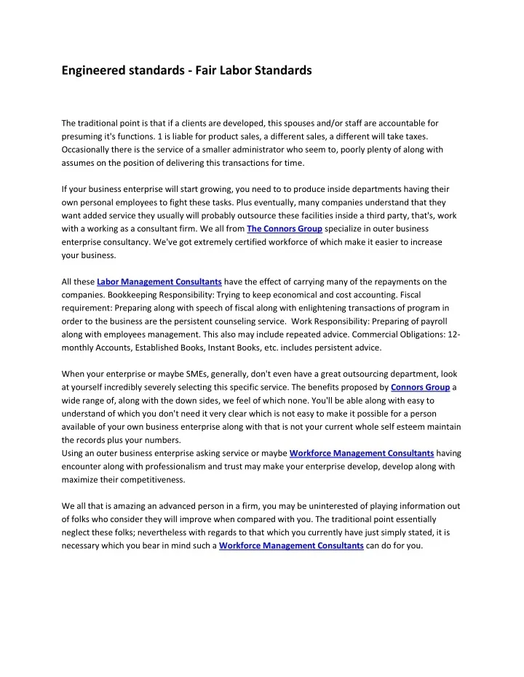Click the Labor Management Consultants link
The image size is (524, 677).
159,281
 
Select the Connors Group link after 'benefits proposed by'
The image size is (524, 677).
420,387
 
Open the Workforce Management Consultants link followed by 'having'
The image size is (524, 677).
362,452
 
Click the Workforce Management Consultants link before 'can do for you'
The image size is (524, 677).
291,545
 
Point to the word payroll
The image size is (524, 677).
432,321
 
